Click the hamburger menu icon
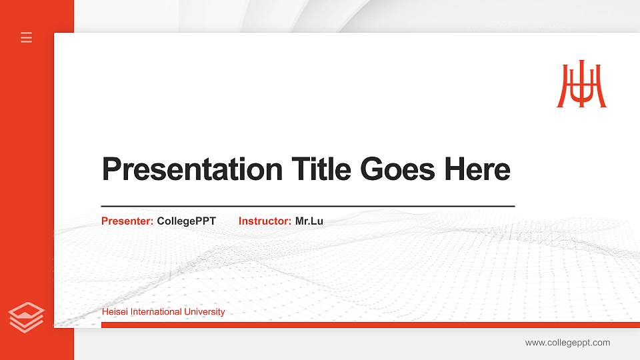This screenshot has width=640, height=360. click(27, 37)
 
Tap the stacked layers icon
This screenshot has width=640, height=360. click(26, 317)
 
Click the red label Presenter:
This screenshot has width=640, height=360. click(127, 221)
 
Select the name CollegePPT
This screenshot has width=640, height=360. click(187, 221)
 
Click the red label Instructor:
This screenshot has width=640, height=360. click(265, 221)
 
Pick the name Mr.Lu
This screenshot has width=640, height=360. click(309, 221)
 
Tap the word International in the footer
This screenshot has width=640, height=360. click(157, 312)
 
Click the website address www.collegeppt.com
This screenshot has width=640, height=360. click(567, 343)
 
